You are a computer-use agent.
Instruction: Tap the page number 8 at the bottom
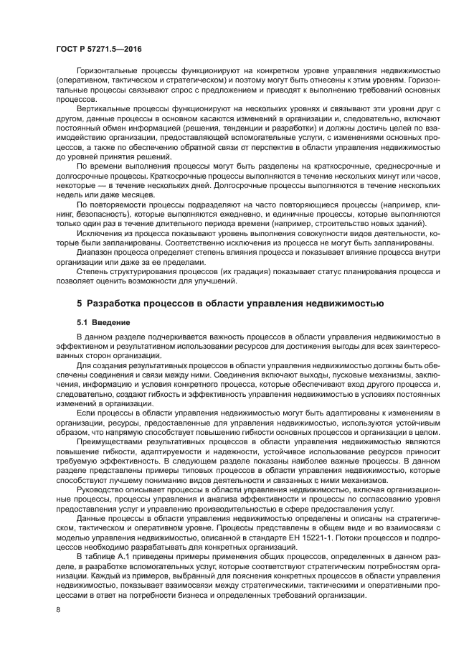(58, 610)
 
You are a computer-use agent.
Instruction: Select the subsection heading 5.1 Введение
(103, 322)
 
